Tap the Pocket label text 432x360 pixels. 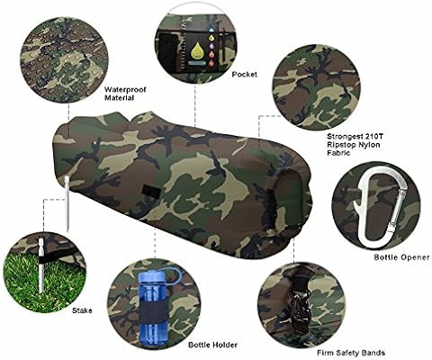click(246, 76)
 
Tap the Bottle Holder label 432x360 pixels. click(213, 344)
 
